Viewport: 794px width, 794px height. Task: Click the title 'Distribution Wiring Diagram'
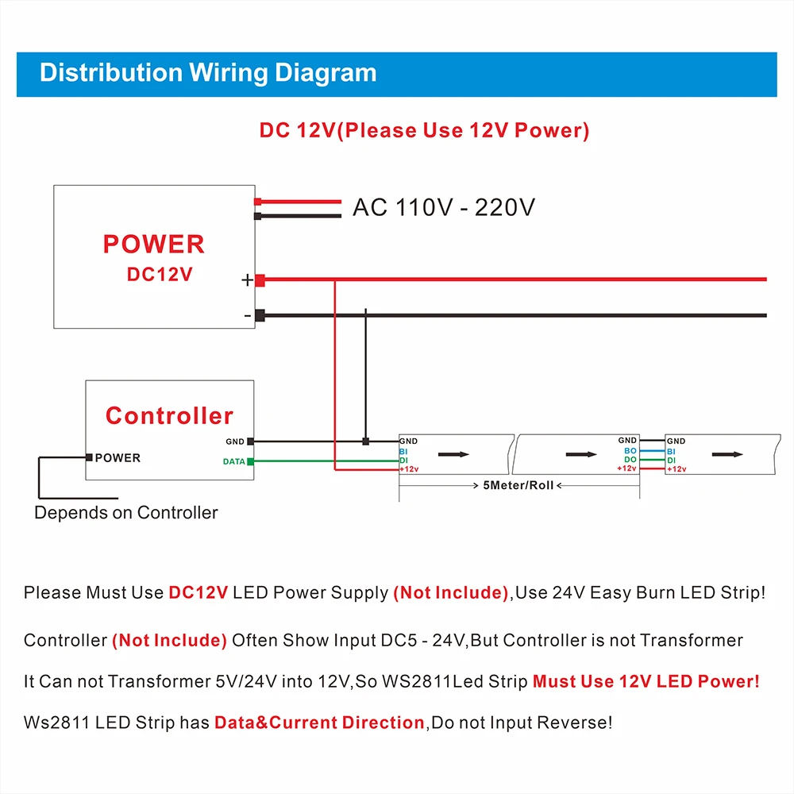(x=208, y=73)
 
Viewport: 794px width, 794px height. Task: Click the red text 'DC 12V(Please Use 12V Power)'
(x=424, y=131)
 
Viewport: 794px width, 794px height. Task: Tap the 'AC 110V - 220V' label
(x=444, y=208)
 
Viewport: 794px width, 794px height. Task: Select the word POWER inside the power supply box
(x=154, y=244)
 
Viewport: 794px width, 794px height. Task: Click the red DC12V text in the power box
(x=160, y=275)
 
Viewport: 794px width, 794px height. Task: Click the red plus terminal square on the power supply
(x=260, y=279)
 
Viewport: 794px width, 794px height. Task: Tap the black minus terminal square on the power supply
(x=260, y=315)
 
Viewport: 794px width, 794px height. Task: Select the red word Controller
(x=169, y=415)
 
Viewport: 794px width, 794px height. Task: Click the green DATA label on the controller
(x=233, y=461)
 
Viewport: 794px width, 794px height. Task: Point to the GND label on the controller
(x=235, y=441)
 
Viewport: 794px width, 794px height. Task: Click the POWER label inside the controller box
(x=118, y=457)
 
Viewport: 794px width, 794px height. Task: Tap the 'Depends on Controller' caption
(x=125, y=513)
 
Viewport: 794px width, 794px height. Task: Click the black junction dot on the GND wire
(x=365, y=441)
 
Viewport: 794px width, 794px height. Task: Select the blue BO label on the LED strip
(x=630, y=451)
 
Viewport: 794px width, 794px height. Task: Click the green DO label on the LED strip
(x=630, y=460)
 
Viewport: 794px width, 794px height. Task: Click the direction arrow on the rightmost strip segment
(x=727, y=454)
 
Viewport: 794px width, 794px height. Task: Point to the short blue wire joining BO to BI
(x=652, y=451)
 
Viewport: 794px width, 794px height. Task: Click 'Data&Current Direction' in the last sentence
(x=319, y=723)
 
